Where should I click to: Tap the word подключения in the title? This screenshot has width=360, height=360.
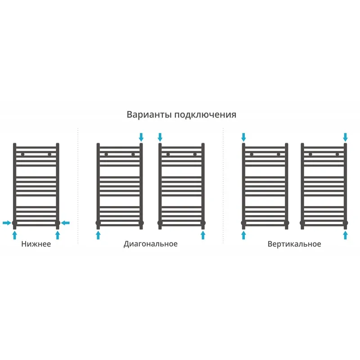[x=205, y=115]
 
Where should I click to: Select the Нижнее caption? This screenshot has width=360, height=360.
[x=36, y=244]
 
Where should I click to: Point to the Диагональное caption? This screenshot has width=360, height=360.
[x=151, y=244]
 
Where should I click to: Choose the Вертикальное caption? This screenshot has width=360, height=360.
[x=294, y=244]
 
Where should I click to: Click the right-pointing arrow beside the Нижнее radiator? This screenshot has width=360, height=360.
[x=7, y=223]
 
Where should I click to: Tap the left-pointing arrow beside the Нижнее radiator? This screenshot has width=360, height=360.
[x=65, y=223]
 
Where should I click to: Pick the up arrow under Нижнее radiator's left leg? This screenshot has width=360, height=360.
[x=15, y=235]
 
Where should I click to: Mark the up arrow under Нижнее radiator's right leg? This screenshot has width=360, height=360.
[x=58, y=235]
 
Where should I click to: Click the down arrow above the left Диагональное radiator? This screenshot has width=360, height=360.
[x=141, y=137]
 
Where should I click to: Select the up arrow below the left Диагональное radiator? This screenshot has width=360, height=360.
[x=98, y=235]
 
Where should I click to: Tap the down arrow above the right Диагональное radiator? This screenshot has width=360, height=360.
[x=160, y=137]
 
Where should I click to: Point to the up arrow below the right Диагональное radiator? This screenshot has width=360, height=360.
[x=203, y=235]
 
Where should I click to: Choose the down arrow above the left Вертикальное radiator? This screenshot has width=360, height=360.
[x=243, y=137]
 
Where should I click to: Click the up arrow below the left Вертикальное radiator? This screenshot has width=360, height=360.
[x=243, y=235]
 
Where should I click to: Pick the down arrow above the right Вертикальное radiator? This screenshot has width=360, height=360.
[x=345, y=137]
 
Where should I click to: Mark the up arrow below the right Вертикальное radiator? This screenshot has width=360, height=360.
[x=345, y=235]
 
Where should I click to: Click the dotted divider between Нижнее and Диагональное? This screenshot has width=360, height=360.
[x=78, y=185]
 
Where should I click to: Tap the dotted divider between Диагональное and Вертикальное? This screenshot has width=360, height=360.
[x=223, y=185]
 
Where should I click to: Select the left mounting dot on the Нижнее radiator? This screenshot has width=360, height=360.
[x=22, y=154]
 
